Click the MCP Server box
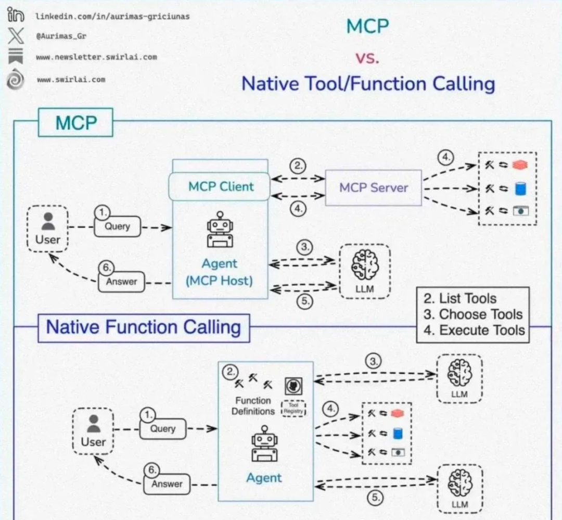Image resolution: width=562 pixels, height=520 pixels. [373, 187]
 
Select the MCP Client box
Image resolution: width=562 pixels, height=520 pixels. [220, 186]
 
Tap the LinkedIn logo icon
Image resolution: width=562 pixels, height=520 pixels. [16, 15]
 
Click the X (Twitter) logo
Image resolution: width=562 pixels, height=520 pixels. [16, 35]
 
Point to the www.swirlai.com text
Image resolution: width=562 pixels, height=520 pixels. [71, 80]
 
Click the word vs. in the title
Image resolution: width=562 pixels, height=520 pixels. [367, 57]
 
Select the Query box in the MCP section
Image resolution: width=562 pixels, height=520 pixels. [117, 226]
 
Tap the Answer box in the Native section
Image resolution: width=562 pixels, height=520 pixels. [167, 484]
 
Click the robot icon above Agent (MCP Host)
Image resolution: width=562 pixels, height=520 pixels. [220, 230]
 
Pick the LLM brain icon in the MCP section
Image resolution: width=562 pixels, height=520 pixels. [364, 265]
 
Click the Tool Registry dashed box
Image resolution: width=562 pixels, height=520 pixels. [293, 408]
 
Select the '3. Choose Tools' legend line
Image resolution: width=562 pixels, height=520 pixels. [472, 314]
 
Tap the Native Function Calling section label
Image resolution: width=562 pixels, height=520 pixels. [144, 328]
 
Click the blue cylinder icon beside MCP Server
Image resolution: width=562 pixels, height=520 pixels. [520, 188]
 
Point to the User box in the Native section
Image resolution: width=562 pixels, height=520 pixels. [93, 431]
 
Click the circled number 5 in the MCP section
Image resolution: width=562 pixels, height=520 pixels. [304, 301]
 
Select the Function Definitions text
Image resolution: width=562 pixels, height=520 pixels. [253, 405]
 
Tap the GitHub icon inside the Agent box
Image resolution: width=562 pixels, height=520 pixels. [293, 387]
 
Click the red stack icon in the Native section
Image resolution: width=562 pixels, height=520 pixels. [398, 413]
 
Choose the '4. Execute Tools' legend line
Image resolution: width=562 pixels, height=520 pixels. [474, 330]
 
